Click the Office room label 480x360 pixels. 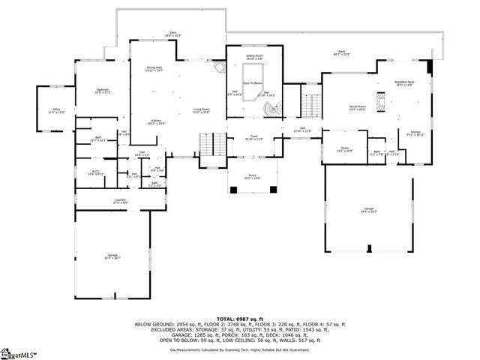click(56, 110)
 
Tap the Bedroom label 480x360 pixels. click(102, 91)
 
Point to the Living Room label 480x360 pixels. click(200, 110)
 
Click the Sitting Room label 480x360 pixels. click(254, 56)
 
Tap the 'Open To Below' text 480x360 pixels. click(253, 83)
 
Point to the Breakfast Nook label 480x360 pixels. click(403, 83)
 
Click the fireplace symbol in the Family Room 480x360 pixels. click(381, 110)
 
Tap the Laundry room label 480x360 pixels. click(119, 200)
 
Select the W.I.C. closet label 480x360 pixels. click(95, 172)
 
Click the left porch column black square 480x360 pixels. click(232, 188)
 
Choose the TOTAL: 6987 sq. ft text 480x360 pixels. click(239, 318)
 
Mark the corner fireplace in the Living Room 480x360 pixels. click(220, 68)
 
